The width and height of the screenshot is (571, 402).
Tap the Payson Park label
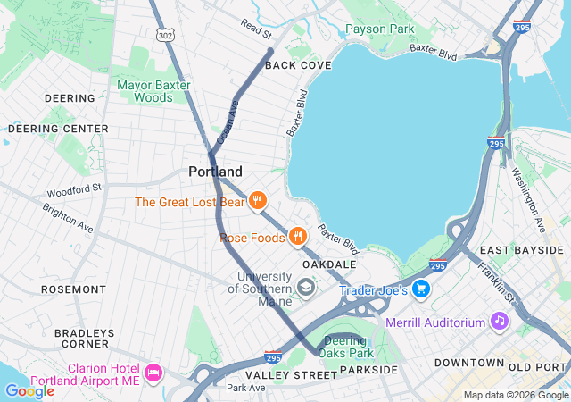pos(379,29)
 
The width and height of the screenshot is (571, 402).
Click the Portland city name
pos(215,171)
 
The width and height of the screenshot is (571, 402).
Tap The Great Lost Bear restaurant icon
pos(257,201)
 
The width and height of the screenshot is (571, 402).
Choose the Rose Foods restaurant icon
pos(297,237)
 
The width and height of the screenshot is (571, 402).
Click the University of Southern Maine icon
pos(306,287)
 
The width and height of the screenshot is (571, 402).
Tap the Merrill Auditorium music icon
pos(499,320)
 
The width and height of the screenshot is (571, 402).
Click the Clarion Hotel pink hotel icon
pos(153,371)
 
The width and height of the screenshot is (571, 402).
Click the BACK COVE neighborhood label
pos(298,65)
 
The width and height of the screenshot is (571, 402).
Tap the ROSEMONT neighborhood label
pos(73,289)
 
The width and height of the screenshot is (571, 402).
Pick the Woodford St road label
pos(76,189)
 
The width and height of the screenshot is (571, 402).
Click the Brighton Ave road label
pos(68,218)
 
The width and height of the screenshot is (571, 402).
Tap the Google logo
pos(29,390)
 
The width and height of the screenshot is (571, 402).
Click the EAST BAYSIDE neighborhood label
pos(522,250)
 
